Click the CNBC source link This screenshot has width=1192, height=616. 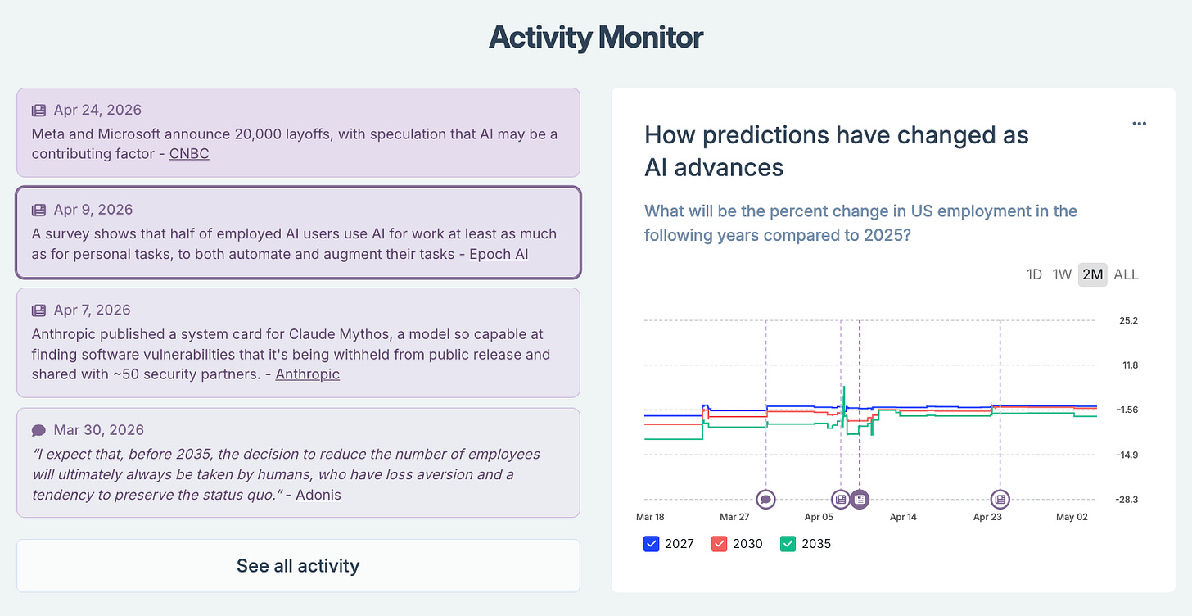tap(189, 154)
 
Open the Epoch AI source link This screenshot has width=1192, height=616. tap(499, 254)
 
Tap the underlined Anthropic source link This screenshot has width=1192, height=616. tap(307, 374)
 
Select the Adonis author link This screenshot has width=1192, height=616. tap(318, 495)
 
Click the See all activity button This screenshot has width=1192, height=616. tap(298, 565)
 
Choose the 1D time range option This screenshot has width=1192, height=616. tap(1034, 274)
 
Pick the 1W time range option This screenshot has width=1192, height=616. tap(1062, 274)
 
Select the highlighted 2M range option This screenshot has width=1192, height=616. tap(1092, 274)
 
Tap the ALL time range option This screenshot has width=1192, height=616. tap(1126, 274)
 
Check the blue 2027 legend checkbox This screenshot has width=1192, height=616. tap(652, 544)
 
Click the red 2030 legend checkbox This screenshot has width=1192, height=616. tap(719, 544)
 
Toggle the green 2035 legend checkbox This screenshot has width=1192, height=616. tap(788, 544)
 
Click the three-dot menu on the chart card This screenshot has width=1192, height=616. tap(1140, 124)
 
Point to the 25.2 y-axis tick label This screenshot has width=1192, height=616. tap(1128, 320)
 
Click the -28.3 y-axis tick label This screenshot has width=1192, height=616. tap(1127, 500)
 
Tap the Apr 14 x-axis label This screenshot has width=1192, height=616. tap(903, 517)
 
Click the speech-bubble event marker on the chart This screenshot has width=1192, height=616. tap(765, 500)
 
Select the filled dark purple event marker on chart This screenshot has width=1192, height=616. tap(860, 500)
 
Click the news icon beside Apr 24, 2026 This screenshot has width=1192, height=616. tap(38, 111)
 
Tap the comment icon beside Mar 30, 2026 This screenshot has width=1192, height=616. tap(38, 430)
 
